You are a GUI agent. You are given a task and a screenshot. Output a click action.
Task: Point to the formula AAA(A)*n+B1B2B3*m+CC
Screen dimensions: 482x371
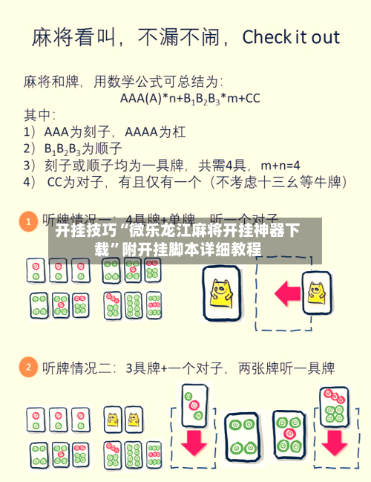pyautogui.click(x=190, y=97)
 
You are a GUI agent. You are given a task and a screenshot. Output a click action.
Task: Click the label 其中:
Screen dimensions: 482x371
pyautogui.click(x=40, y=114)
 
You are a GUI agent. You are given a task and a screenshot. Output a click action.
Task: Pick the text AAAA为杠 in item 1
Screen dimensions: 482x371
pyautogui.click(x=156, y=132)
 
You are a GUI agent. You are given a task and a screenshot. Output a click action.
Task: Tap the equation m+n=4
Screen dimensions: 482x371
pyautogui.click(x=275, y=164)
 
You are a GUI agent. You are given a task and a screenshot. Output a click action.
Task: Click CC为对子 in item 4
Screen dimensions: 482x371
pyautogui.click(x=73, y=180)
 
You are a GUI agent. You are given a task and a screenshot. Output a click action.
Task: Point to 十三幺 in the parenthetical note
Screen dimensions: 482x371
pyautogui.click(x=269, y=180)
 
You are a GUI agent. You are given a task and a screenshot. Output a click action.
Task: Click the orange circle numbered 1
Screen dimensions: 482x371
pyautogui.click(x=27, y=221)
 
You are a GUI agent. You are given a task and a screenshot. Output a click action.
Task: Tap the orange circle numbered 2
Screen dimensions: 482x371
pyautogui.click(x=27, y=367)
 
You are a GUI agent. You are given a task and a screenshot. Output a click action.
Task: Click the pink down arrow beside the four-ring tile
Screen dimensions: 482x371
pyautogui.click(x=194, y=442)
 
